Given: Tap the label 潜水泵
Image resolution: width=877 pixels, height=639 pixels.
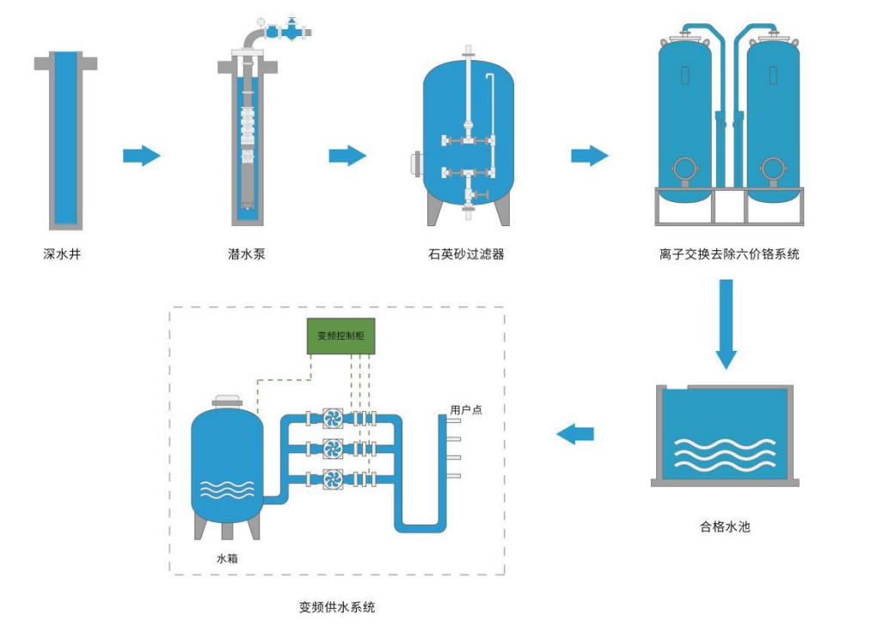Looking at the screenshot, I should [x=247, y=255].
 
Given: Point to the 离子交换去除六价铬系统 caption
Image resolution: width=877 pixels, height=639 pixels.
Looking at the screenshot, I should [x=729, y=255].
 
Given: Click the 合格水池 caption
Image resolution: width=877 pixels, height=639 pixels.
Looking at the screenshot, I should [x=725, y=526].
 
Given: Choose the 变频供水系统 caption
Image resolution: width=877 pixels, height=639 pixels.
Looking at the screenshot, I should [x=337, y=607].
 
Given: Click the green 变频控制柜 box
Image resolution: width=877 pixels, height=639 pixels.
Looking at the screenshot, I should [x=341, y=336].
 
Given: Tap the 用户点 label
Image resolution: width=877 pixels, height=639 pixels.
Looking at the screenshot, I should [x=466, y=410].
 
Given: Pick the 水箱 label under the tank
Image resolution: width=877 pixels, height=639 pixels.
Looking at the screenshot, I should [x=227, y=559].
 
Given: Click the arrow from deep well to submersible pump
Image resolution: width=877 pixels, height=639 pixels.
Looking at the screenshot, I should [x=142, y=156].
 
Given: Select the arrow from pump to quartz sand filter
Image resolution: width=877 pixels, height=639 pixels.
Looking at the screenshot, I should [x=347, y=156].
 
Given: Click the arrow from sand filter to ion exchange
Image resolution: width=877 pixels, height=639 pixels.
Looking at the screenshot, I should [x=590, y=156].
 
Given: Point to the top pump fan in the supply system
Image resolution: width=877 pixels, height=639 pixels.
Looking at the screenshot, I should [x=333, y=419].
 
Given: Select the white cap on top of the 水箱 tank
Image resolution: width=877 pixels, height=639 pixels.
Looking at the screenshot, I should [x=226, y=401].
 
